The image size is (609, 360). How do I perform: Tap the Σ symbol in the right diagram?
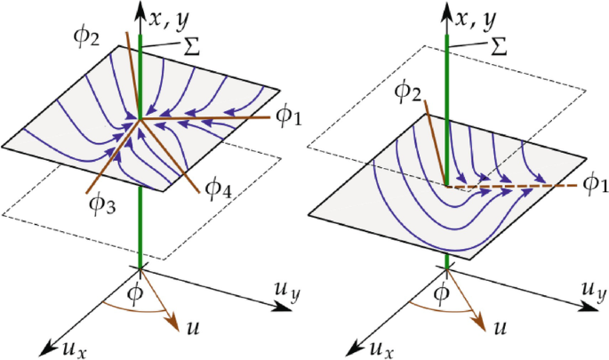(497, 43)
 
